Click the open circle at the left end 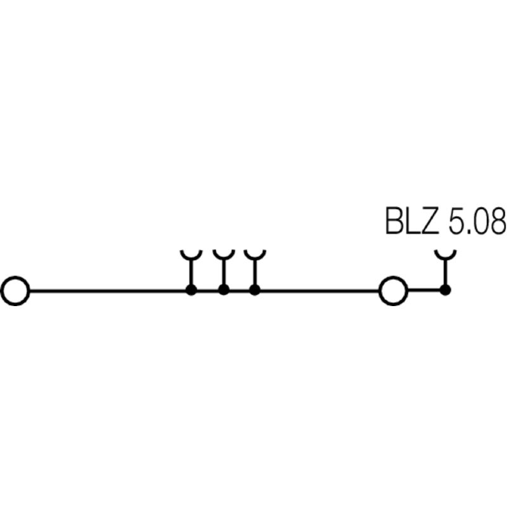pyautogui.click(x=15, y=291)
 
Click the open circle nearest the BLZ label pyautogui.click(x=393, y=291)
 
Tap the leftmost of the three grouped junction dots pyautogui.click(x=190, y=290)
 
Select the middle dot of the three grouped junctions pyautogui.click(x=223, y=290)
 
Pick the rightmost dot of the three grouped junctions pyautogui.click(x=255, y=290)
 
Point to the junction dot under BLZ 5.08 pyautogui.click(x=446, y=290)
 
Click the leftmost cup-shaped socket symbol pyautogui.click(x=190, y=255)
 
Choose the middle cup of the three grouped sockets pyautogui.click(x=223, y=255)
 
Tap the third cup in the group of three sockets pyautogui.click(x=255, y=255)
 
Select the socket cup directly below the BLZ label pyautogui.click(x=446, y=255)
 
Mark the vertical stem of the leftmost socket pyautogui.click(x=190, y=274)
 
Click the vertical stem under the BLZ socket pyautogui.click(x=446, y=274)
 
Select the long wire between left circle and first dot pyautogui.click(x=108, y=291)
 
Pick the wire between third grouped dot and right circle pyautogui.click(x=317, y=291)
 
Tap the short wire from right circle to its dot pyautogui.click(x=424, y=291)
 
